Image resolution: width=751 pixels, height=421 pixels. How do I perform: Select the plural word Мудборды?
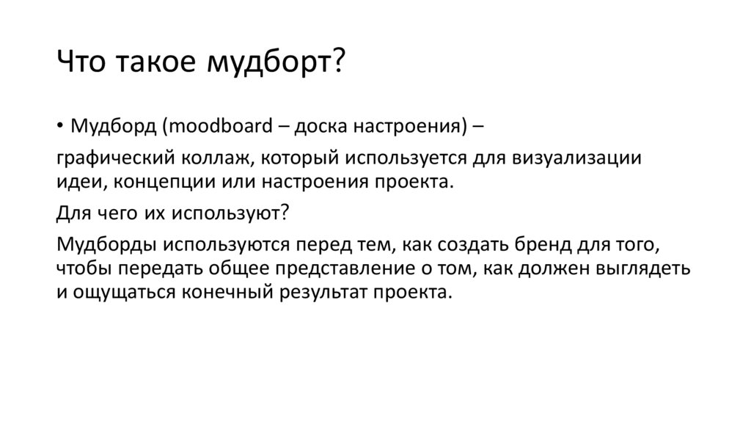106,244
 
